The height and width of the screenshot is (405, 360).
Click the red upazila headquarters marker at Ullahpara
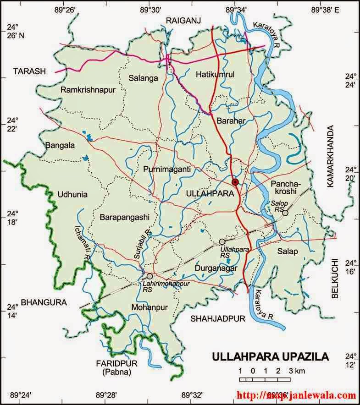coord(235,182)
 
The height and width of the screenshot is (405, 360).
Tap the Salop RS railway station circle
coord(285,213)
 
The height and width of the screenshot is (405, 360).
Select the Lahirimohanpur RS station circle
coord(150,276)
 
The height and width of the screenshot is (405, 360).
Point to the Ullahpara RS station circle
coord(222,241)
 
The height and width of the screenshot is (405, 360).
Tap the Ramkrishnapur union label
coord(86,90)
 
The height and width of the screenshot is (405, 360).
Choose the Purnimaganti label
coord(166,169)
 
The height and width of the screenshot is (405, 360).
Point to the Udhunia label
coord(72,194)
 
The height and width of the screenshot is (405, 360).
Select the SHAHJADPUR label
coord(218,317)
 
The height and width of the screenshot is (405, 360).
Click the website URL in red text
coord(296,395)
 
